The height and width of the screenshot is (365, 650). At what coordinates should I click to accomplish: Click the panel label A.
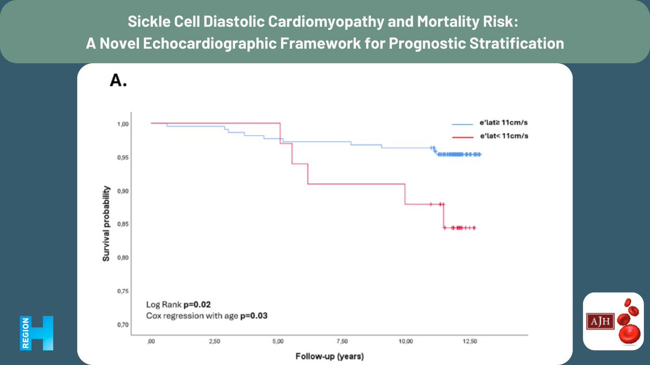point(118,81)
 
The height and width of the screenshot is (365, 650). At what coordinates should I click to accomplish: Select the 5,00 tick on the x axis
point(278,342)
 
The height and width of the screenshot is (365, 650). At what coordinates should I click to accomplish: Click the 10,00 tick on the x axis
point(406,342)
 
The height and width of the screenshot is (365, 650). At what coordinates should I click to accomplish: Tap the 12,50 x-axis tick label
point(470,342)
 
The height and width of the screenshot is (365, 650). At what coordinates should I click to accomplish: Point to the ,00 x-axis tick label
point(151,342)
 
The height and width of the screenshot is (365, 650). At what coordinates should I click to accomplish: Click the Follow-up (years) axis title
point(329,357)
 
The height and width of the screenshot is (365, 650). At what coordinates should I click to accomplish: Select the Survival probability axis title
point(107,224)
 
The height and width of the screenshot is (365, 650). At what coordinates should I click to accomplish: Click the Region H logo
point(37,333)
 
